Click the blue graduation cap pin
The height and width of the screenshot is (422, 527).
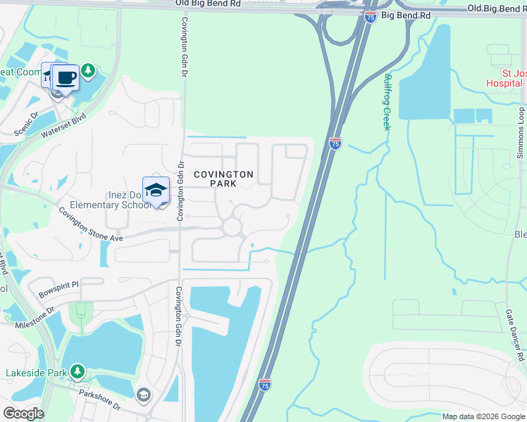pos(156,188)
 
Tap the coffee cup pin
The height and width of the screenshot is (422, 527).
pos(66,77)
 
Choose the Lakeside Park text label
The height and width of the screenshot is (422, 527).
pos(35,373)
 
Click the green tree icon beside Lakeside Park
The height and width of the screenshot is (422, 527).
pos(77,371)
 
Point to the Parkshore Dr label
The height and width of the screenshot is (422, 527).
pos(99,402)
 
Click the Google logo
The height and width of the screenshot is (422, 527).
pos(23,414)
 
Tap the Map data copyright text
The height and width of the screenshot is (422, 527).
pos(483,416)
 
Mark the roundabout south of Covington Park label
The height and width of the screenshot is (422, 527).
pos(232,226)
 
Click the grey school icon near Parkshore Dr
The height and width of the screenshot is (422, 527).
pos(144,395)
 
